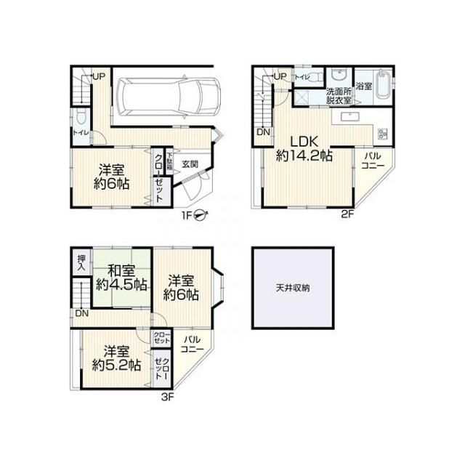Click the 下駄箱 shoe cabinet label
(169, 160)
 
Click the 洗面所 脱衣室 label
(339, 95)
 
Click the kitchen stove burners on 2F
(383, 132)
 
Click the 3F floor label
(167, 397)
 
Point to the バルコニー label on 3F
(193, 344)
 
